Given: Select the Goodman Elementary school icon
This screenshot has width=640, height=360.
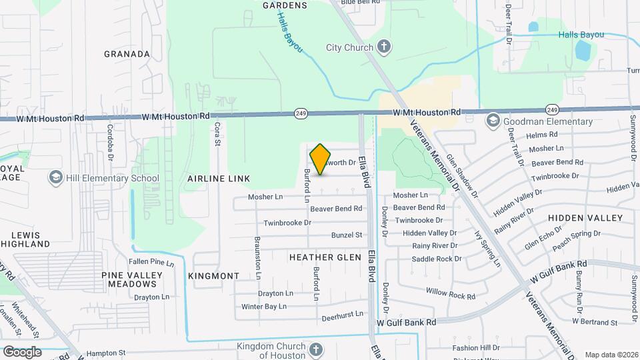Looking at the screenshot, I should coord(493,121).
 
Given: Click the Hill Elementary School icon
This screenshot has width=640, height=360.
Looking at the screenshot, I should coord(55,178).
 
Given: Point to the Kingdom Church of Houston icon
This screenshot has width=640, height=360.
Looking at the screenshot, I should coord(316,349).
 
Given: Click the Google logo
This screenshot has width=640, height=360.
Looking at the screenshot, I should coord(22,351).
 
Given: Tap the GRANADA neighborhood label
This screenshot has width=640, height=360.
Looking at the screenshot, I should coord(127,54).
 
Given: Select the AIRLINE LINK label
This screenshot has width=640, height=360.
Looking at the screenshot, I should coord(219,179).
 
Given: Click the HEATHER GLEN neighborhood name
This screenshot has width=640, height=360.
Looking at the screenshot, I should coord(325,257).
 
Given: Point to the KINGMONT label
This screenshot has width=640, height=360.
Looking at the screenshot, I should coord(213,276).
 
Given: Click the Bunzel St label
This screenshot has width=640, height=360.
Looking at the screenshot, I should coord(347,235).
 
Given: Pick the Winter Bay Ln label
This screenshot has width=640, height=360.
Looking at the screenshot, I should coord(263,307).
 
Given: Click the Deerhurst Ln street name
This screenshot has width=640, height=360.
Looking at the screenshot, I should coord(342,313).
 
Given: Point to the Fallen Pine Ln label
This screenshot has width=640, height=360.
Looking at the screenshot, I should coord(151,262).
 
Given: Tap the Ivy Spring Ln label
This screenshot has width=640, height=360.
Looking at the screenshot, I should coord(487,249).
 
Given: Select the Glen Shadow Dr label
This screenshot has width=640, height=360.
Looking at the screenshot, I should coord(462,175).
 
